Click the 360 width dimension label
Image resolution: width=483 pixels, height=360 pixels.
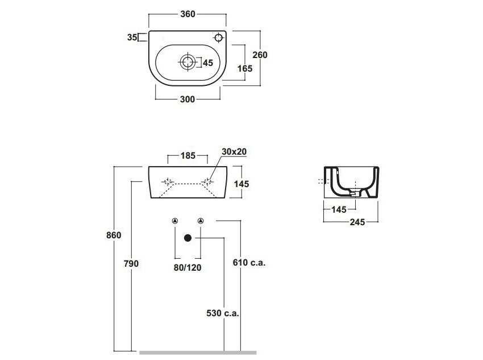pos(188,14)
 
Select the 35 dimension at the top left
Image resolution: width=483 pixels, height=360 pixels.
pos(132,38)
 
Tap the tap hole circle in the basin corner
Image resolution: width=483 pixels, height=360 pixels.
pos(218,38)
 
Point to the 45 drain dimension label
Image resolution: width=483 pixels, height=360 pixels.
pos(208,63)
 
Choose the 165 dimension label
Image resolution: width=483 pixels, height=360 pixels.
pos(245,68)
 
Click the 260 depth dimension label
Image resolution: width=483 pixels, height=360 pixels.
pos(260,55)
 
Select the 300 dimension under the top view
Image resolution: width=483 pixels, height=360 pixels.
pos(188,100)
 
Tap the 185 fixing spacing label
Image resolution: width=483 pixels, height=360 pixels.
pos(188,156)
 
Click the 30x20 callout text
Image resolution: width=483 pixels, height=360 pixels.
pos(234,152)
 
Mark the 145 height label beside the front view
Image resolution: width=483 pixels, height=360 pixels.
pos(241,184)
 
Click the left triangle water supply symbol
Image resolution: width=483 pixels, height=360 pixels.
pos(175,221)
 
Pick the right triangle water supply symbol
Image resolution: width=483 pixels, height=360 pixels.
pos(201,221)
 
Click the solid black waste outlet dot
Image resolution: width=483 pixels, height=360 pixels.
pos(188,238)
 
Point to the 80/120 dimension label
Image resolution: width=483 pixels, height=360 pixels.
pos(188,267)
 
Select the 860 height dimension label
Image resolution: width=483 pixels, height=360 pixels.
pos(114,235)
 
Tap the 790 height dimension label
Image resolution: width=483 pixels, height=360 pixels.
pos(131,264)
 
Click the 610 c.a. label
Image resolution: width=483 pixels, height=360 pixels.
pos(249,263)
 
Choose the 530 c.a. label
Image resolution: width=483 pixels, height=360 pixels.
pos(223,313)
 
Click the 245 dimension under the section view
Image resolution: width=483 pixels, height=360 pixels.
pos(357,222)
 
